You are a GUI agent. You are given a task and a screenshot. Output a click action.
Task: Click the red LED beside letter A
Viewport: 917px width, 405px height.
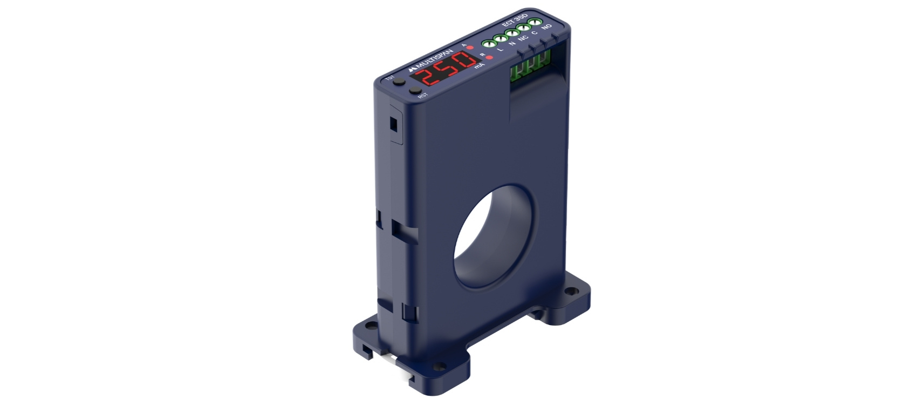click(470, 48)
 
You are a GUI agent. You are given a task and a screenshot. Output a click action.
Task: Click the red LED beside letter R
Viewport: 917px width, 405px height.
click(489, 57)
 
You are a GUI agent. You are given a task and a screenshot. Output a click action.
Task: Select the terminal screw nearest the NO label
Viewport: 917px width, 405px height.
click(536, 23)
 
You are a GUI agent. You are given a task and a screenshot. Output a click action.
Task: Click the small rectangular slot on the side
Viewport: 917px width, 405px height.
click(393, 124)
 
